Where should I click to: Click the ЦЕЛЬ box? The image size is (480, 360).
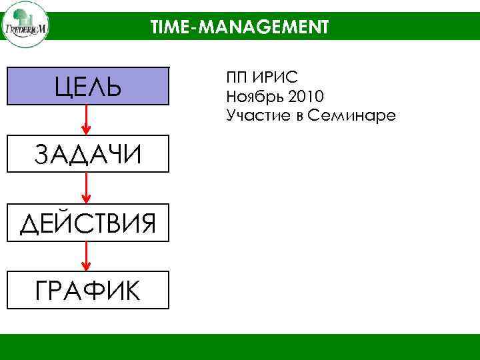point(88,87)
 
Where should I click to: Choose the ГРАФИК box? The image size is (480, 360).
point(88,290)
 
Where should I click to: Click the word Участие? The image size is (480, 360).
point(256,116)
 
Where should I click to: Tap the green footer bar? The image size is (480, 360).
point(240,347)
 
